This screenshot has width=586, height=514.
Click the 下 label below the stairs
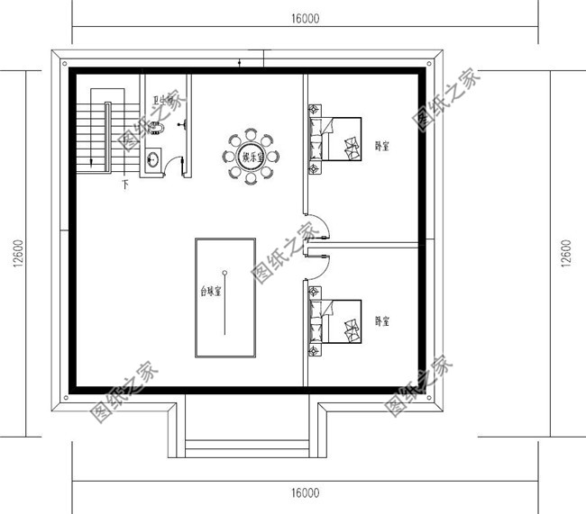click(124, 185)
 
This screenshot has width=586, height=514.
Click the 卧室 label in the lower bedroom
click(382, 320)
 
